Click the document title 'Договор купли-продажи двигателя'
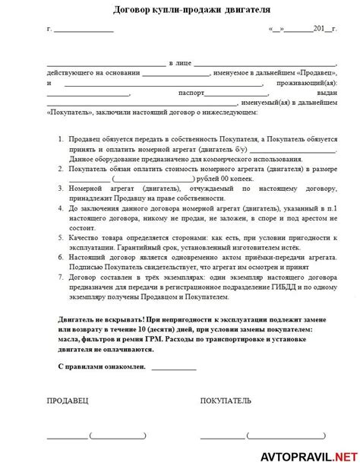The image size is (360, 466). coord(179,11)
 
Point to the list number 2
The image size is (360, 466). coord(61,171)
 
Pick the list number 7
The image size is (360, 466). coord(61,279)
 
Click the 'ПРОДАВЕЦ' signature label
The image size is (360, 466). coord(67,400)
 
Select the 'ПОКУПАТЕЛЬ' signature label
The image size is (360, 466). coord(226,400)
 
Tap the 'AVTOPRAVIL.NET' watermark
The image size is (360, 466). coord(312,455)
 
